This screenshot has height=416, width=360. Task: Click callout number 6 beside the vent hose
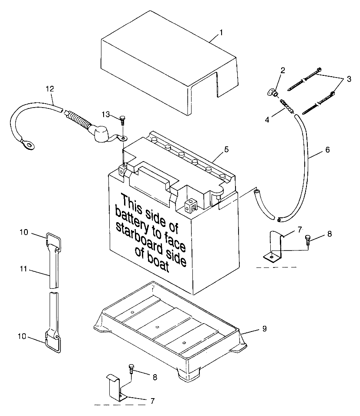(327, 150)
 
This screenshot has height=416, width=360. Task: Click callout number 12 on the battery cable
(50, 88)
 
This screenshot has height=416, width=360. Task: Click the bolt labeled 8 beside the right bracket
(309, 239)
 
